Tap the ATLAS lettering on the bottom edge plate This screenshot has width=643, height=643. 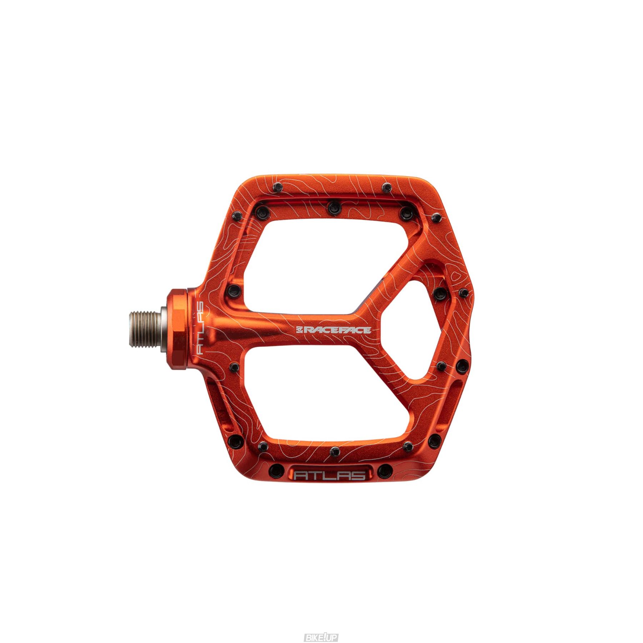click(x=330, y=475)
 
